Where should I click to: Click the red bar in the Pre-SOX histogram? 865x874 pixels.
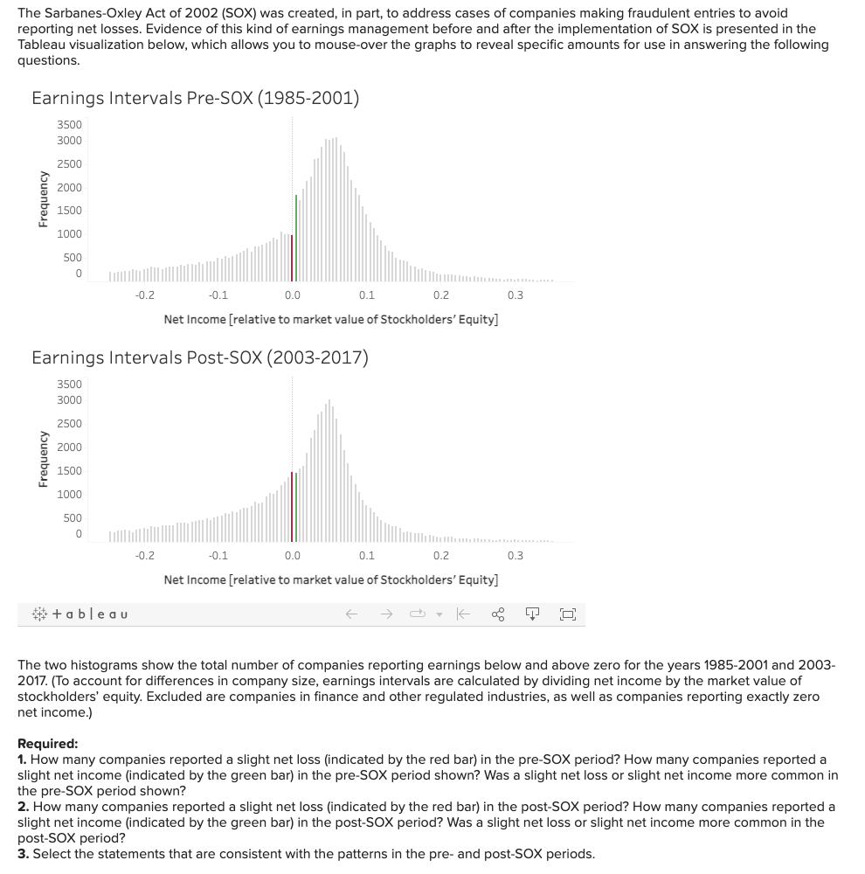tap(292, 258)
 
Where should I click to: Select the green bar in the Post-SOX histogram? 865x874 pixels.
tap(296, 507)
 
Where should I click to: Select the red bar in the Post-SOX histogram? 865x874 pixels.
tap(292, 507)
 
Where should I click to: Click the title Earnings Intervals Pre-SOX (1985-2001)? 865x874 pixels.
tap(195, 98)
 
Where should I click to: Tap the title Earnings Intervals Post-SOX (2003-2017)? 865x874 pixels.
tap(199, 357)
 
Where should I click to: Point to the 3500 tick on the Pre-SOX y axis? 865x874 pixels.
tap(70, 125)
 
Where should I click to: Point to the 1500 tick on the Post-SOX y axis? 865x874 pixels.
tap(70, 471)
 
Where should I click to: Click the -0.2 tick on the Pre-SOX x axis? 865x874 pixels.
tap(145, 295)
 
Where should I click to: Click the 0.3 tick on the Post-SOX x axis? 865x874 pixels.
tap(516, 555)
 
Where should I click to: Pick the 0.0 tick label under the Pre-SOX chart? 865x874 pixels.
tap(293, 295)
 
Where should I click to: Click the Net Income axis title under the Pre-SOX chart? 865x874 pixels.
tap(331, 319)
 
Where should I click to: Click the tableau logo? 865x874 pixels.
tap(79, 614)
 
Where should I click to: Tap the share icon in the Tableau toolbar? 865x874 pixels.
tap(498, 614)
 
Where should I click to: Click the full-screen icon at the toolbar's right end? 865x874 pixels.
tap(567, 614)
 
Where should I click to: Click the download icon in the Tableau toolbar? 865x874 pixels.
tap(532, 614)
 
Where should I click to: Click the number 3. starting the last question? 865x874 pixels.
tap(23, 854)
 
